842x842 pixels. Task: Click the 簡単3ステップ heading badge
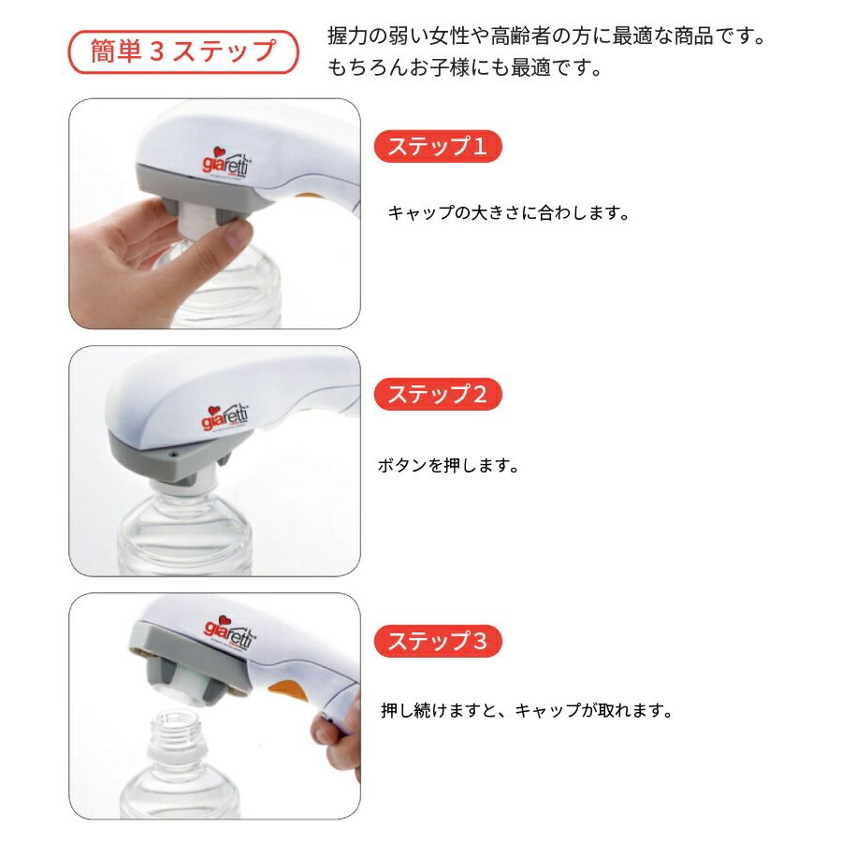182,52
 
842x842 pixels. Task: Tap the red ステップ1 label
438,146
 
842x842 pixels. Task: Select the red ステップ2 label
438,394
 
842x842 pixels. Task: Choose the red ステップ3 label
438,641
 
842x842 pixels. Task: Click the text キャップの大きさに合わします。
509,213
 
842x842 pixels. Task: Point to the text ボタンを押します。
448,465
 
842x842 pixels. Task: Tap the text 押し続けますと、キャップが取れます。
527,711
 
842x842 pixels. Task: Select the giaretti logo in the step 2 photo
225,417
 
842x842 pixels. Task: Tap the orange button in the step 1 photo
310,197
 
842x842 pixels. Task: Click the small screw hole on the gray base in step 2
173,455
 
